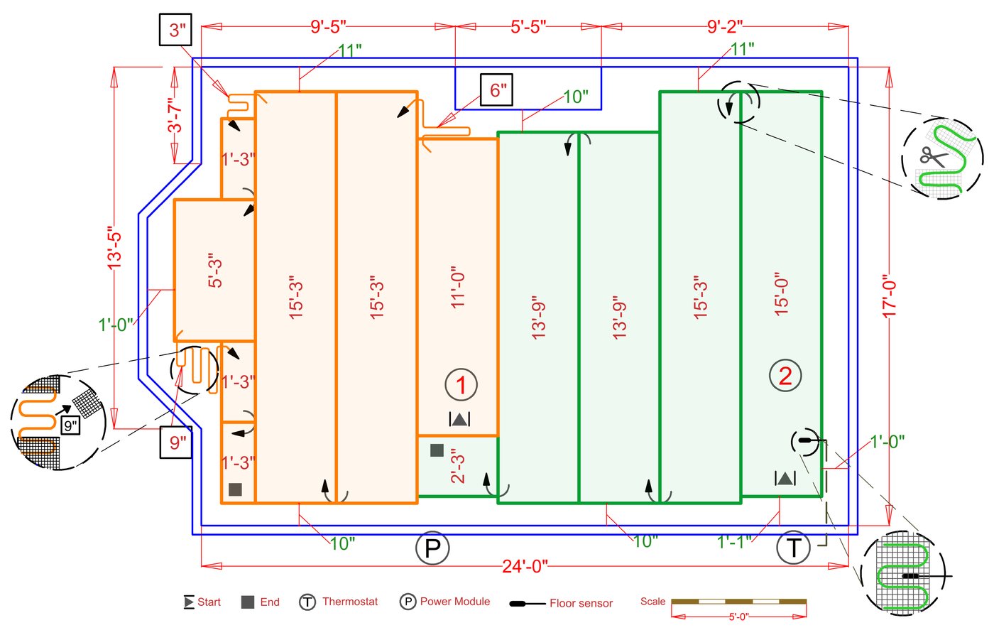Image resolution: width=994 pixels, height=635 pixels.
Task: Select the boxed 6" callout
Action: [496, 90]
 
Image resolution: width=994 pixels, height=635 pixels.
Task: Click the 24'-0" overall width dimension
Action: [525, 566]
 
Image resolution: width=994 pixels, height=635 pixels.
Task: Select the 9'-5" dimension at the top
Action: [328, 27]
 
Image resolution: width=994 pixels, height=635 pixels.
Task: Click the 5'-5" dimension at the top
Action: [528, 27]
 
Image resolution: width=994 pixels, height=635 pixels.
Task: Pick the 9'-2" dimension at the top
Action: [725, 27]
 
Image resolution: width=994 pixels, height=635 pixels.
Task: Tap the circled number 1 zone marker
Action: [461, 385]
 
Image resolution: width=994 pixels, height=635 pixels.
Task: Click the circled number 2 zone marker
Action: [785, 375]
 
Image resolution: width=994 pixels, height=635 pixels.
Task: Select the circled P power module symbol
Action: [432, 548]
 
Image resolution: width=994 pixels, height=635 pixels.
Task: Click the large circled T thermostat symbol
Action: [793, 548]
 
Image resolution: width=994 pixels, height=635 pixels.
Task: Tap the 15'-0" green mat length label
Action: [781, 293]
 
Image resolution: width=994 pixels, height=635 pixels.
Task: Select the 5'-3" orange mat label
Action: [215, 270]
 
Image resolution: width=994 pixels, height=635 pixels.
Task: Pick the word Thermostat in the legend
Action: [350, 602]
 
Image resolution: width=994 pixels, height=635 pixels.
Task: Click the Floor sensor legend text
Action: [581, 603]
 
